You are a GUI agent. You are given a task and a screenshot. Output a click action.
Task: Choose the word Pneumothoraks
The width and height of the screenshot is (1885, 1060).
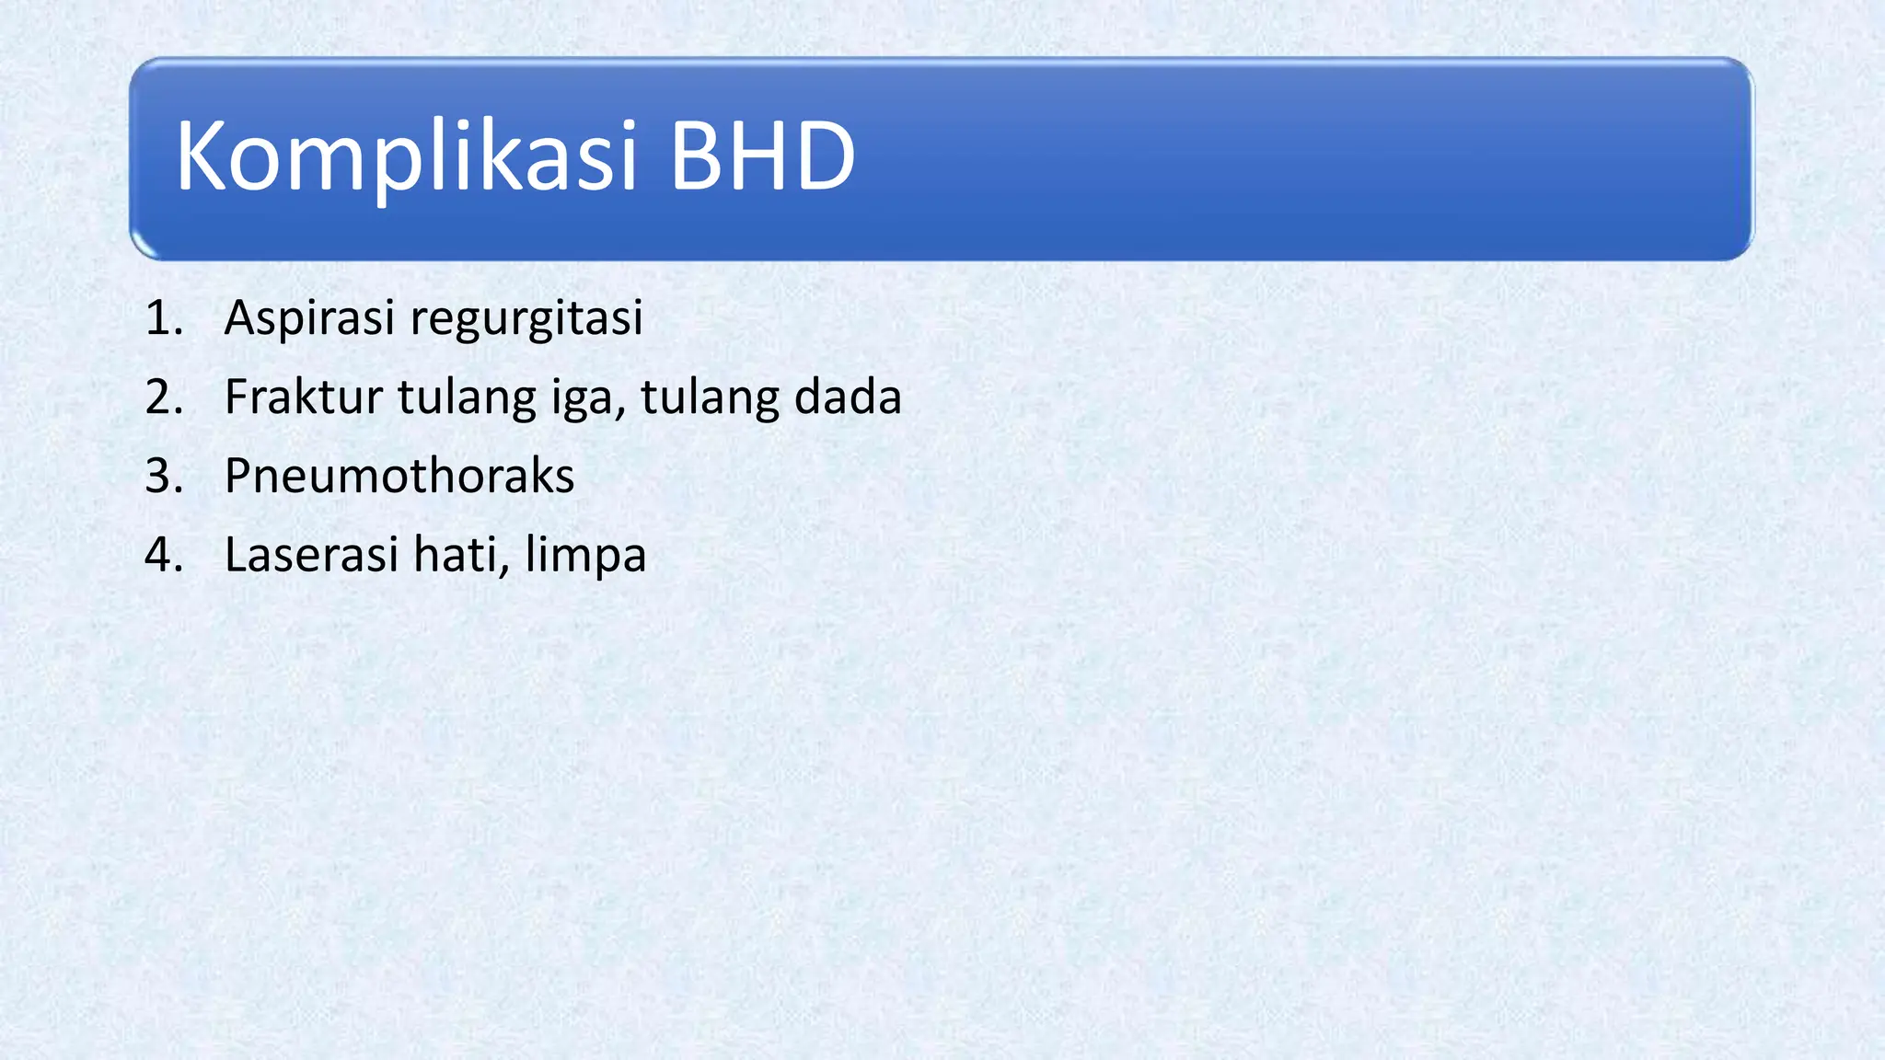tap(399, 477)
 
